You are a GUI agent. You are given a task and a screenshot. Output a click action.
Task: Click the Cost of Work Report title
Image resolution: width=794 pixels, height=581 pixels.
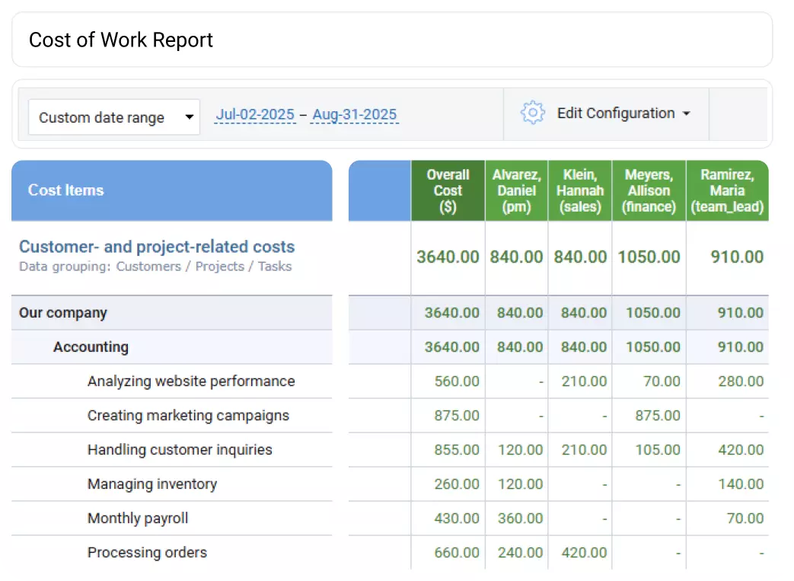click(x=121, y=40)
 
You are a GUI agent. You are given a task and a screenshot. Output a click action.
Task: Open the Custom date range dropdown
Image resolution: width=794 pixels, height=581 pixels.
click(x=114, y=117)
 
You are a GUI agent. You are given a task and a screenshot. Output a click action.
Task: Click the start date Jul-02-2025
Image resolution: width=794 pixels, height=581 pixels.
click(x=255, y=115)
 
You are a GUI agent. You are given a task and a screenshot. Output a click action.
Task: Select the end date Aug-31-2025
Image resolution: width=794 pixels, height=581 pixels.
click(x=354, y=115)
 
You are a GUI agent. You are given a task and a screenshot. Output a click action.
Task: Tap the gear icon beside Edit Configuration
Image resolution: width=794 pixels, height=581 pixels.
click(x=533, y=113)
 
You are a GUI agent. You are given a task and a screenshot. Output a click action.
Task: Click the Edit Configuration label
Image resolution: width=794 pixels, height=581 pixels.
click(x=616, y=113)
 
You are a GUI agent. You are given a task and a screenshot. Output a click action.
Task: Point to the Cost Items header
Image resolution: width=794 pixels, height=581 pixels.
click(x=66, y=190)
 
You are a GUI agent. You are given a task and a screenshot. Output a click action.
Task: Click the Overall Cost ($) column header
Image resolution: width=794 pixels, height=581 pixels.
click(x=448, y=190)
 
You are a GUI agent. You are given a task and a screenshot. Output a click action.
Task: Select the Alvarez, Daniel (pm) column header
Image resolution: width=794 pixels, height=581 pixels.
click(x=516, y=190)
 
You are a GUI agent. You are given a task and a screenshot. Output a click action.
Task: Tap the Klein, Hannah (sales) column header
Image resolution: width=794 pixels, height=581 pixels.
click(x=580, y=190)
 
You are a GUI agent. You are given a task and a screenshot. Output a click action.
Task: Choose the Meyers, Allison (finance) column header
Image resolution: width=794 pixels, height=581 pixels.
click(x=649, y=190)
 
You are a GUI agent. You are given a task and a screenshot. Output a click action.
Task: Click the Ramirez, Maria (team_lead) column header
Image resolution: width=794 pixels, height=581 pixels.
click(x=727, y=190)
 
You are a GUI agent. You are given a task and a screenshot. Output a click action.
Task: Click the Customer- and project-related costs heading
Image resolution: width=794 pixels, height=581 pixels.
click(x=157, y=247)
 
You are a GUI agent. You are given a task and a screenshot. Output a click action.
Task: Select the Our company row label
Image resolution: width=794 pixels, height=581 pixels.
click(x=63, y=313)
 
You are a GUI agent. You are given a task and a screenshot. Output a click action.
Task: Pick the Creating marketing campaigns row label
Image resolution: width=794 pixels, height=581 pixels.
click(x=188, y=416)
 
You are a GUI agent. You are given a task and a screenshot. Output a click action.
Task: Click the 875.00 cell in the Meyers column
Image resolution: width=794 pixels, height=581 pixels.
click(x=657, y=416)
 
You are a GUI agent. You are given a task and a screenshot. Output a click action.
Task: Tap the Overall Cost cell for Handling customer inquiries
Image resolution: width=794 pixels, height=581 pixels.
click(x=457, y=450)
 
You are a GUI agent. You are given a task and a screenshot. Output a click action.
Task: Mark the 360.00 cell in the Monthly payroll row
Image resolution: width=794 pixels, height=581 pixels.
click(x=521, y=519)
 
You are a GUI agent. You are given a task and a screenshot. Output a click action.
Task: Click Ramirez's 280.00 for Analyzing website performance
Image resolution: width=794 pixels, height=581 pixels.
click(x=741, y=381)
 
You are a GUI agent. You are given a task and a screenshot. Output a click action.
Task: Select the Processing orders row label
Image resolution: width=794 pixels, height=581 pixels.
click(x=147, y=553)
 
